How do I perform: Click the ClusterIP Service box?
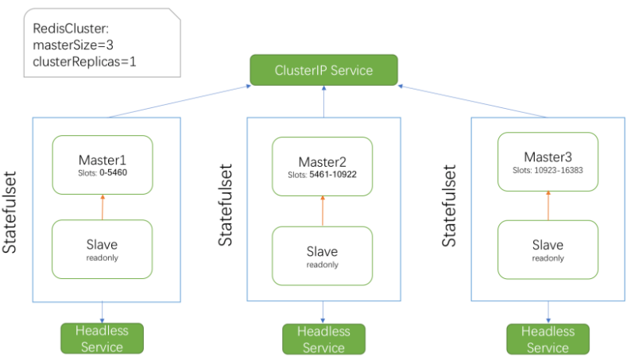[x=323, y=70]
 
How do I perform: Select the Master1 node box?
[x=102, y=165]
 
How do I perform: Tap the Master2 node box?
[x=323, y=166]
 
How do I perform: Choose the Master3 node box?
[x=548, y=161]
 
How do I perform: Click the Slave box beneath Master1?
[x=102, y=249]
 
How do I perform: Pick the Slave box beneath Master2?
[x=323, y=255]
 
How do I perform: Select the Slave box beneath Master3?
[x=548, y=249]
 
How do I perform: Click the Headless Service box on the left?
[x=102, y=339]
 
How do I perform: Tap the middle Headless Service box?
[x=323, y=339]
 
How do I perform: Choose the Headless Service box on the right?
[x=548, y=339]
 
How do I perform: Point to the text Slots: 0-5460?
[x=102, y=172]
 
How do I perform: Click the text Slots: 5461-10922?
[x=323, y=173]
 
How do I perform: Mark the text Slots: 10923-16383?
[x=548, y=169]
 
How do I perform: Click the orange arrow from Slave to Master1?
[x=102, y=207]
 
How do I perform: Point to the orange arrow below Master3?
[x=548, y=205]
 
